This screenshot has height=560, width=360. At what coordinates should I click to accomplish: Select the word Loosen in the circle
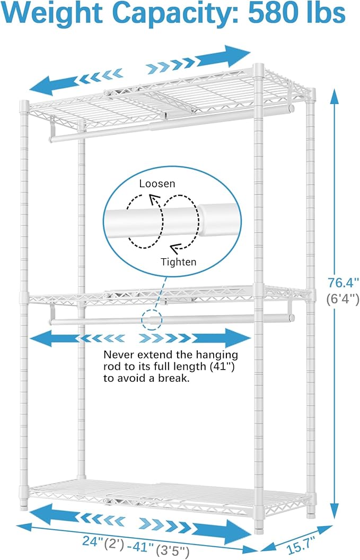pos(157,184)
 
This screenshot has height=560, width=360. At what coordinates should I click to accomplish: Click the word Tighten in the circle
pos(178,261)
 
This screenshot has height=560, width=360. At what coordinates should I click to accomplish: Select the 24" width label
pos(91,541)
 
